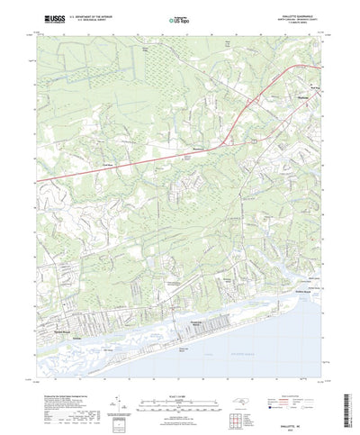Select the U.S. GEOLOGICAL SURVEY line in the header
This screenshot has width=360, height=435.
tap(94, 19)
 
